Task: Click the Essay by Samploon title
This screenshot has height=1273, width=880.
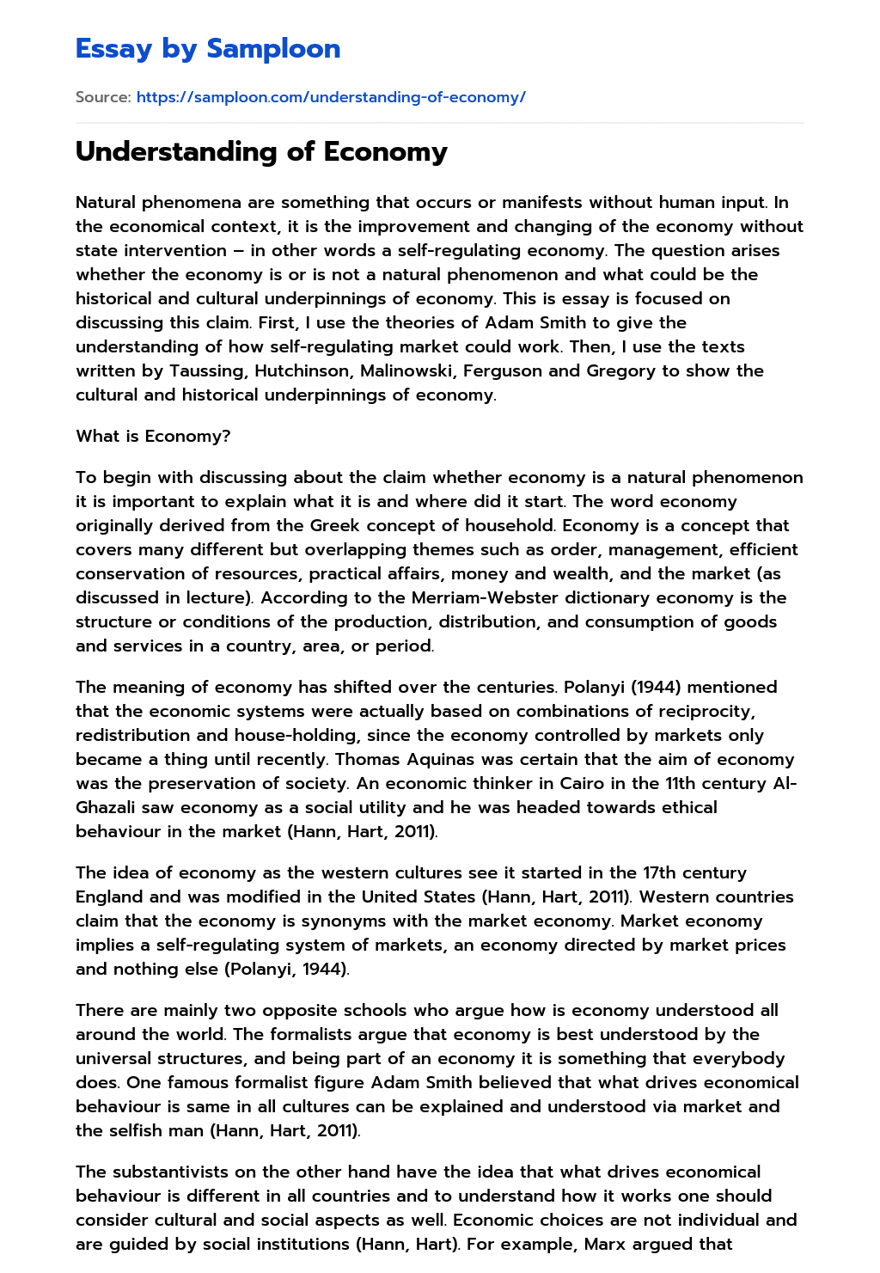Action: point(208,49)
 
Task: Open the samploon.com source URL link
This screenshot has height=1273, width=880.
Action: point(331,97)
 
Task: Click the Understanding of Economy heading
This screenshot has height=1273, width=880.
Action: point(261,151)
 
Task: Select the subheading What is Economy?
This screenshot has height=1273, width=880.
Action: point(153,436)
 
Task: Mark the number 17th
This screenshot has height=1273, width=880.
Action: point(660,872)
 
